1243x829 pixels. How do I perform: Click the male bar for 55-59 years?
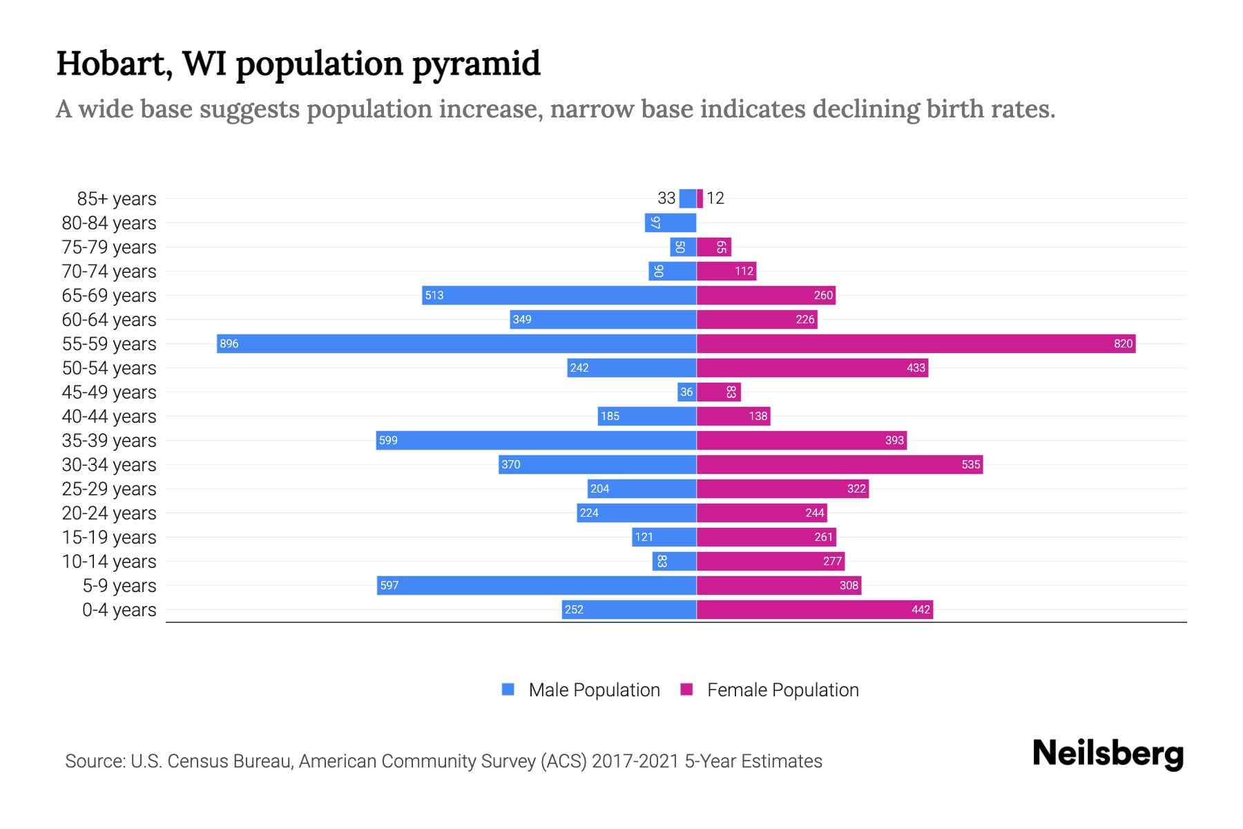pos(456,343)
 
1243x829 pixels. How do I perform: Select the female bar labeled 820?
pos(916,343)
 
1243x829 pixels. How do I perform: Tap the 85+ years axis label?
pos(116,199)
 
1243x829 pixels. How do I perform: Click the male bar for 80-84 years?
pos(671,223)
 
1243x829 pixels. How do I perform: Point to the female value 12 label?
pos(715,198)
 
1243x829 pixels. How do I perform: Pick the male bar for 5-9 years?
pos(537,585)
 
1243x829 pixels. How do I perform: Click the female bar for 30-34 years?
pos(839,464)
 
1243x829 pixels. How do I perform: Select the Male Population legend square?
pos(508,689)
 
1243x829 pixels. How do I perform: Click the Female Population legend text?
pos(782,689)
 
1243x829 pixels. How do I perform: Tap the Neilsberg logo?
pos(1108,754)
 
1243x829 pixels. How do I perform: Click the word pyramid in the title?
pos(476,64)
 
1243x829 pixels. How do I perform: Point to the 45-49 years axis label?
pos(109,392)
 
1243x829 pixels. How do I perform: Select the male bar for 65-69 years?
pos(559,295)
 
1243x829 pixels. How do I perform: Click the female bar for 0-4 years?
pos(814,609)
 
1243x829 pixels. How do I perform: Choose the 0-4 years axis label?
pos(119,610)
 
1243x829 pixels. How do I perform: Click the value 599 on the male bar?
pos(388,440)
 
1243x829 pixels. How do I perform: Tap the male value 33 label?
pos(666,198)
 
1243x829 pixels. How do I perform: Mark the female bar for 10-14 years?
pos(770,561)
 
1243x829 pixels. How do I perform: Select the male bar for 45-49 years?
pos(686,392)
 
